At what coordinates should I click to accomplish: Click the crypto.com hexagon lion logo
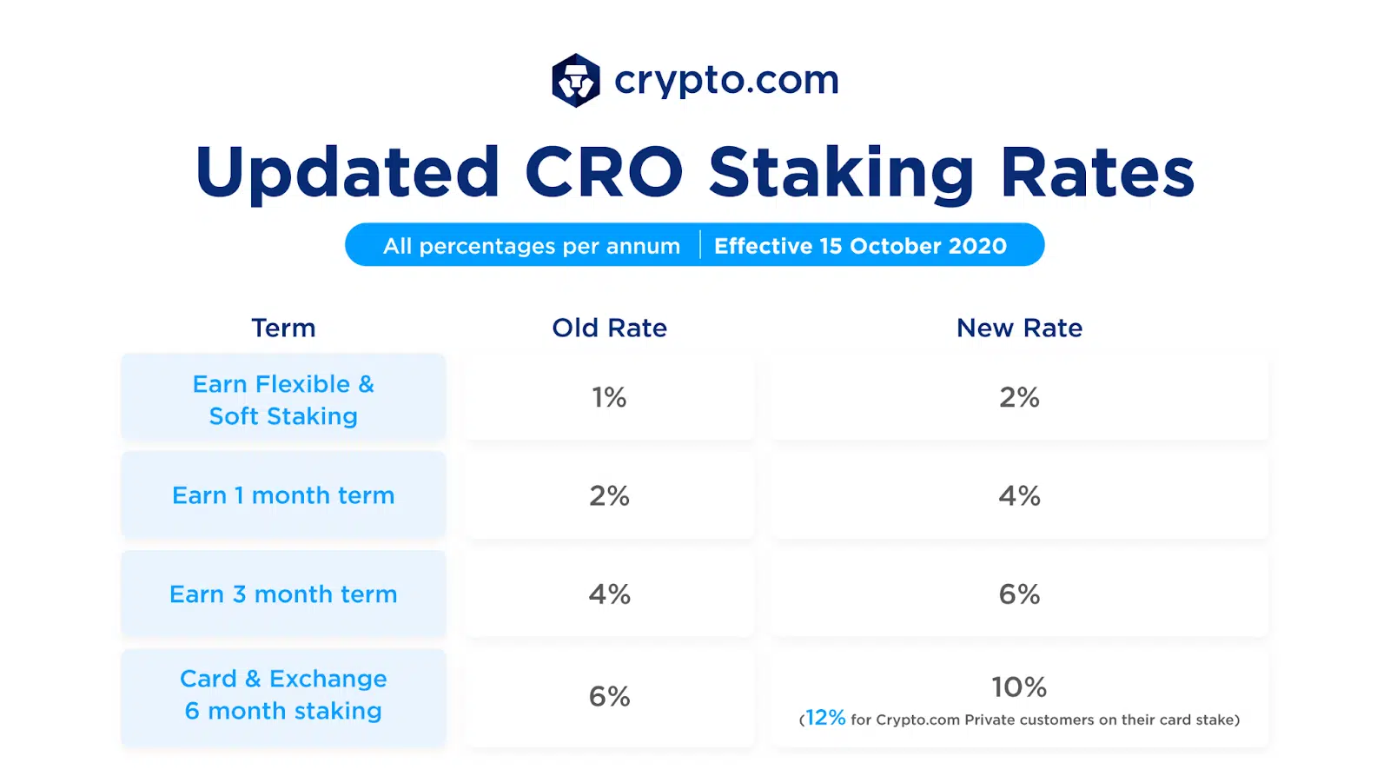point(575,81)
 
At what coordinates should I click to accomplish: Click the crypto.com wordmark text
point(726,81)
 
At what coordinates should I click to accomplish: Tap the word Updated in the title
point(347,172)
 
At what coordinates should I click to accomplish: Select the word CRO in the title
point(604,172)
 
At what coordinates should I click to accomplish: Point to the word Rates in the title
point(1097,172)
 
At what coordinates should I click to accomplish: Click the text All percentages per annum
point(532,246)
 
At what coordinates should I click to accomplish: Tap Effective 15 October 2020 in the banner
point(860,246)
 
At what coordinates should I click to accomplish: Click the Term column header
point(283,328)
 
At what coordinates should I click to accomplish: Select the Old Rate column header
point(609,328)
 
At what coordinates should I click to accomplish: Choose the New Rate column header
point(1019,328)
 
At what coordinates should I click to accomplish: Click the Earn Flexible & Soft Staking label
point(283,400)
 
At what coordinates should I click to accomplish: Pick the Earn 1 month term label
point(283,495)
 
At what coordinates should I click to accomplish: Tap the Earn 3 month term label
point(283,594)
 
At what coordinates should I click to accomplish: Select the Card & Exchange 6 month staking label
point(283,694)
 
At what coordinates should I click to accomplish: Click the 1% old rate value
point(609,398)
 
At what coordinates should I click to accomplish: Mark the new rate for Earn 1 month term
point(1019,496)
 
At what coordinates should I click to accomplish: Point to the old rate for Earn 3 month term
point(609,594)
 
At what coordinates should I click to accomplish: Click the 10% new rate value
point(1019,687)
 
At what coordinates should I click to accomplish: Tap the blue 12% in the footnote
point(824,718)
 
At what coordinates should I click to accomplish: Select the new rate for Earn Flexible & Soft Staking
point(1019,398)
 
